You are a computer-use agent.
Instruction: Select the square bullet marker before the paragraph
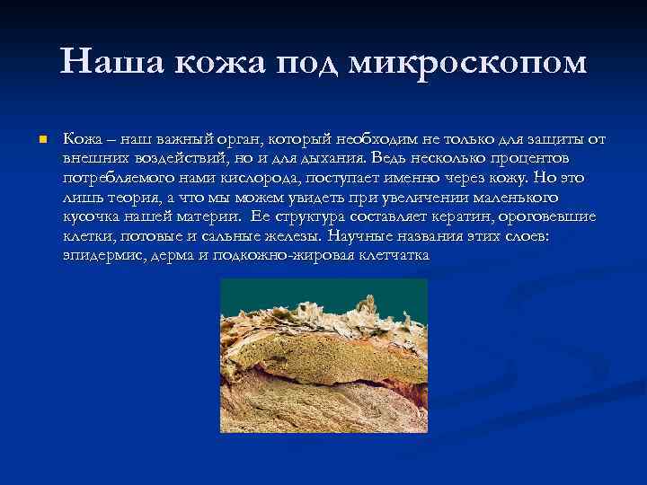click(41, 140)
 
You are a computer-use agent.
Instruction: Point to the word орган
click(231, 139)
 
